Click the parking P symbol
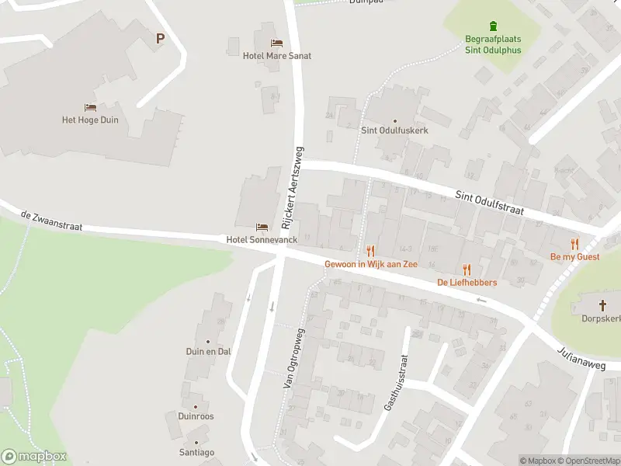coord(161,38)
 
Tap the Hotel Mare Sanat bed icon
coord(276,43)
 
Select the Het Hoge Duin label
coord(90,120)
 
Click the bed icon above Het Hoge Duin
coord(90,107)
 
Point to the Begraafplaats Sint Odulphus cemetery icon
coord(493,26)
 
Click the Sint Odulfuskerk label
coord(394,130)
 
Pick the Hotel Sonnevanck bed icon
coord(262,227)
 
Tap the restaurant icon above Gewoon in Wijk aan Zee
coord(370,251)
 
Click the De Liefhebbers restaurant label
coord(467,282)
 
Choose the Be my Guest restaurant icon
coord(574,244)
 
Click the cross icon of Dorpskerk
coord(602,305)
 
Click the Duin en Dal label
coord(208,351)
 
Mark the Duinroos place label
coord(196,416)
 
